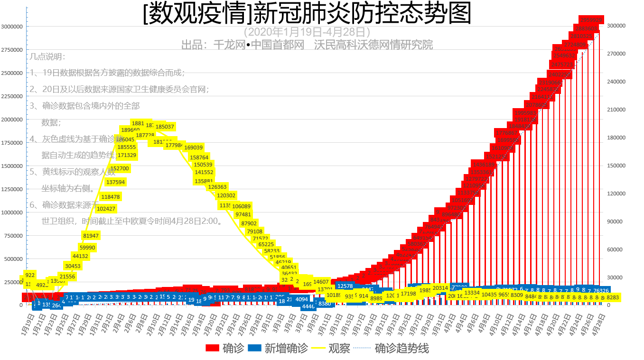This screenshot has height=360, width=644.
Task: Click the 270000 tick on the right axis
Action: click(x=617, y=54)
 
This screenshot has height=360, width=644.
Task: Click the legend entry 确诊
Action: click(x=225, y=349)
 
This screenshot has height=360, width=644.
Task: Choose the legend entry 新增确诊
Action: click(x=278, y=349)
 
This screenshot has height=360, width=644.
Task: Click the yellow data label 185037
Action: click(x=165, y=127)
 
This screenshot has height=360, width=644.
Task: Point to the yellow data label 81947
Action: click(x=91, y=236)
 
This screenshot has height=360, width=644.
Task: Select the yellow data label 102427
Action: click(x=106, y=209)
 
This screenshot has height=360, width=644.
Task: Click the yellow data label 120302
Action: click(x=226, y=195)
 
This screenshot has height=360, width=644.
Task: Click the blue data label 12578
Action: click(x=345, y=286)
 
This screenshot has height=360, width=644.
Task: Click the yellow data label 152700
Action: click(x=120, y=168)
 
